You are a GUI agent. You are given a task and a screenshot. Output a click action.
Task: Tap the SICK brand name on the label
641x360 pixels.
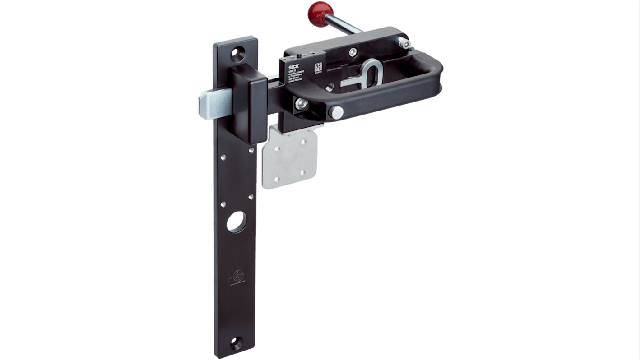(x=293, y=66)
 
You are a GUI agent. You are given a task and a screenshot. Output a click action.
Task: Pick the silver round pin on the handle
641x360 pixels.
(x=335, y=112)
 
